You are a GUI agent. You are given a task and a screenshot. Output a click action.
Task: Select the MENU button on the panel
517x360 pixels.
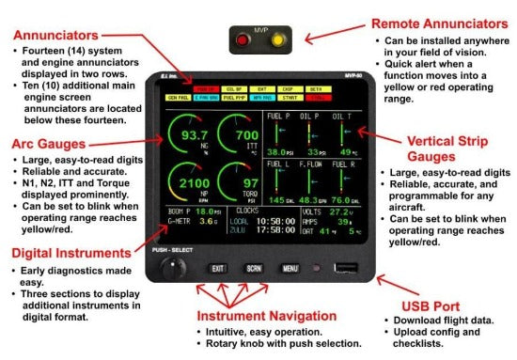click(x=290, y=268)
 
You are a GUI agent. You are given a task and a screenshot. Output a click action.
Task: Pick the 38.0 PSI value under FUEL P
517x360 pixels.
click(x=276, y=151)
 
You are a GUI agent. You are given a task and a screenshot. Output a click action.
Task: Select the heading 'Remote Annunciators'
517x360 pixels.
click(x=428, y=23)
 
